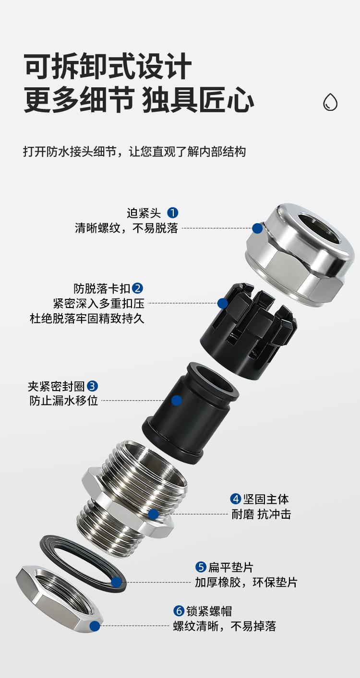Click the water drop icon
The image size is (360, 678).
click(330, 102)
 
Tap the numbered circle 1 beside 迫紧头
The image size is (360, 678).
click(172, 213)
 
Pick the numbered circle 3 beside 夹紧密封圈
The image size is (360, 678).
click(93, 386)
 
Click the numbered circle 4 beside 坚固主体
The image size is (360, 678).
click(235, 499)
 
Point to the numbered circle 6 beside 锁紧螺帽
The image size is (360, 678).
click(179, 611)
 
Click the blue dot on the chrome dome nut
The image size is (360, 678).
click(257, 228)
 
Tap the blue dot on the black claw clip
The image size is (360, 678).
click(222, 303)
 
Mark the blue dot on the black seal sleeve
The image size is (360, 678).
click(177, 400)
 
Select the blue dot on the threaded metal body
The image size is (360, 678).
click(153, 514)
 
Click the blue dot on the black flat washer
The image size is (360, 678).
click(117, 583)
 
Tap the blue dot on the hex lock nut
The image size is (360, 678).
click(95, 626)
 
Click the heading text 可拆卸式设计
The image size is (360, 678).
click(108, 67)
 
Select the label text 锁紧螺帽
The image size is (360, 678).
click(209, 611)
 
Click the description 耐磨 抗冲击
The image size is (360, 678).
click(261, 514)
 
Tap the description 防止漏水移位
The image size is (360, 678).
click(64, 400)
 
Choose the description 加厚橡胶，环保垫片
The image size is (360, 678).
click(246, 582)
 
